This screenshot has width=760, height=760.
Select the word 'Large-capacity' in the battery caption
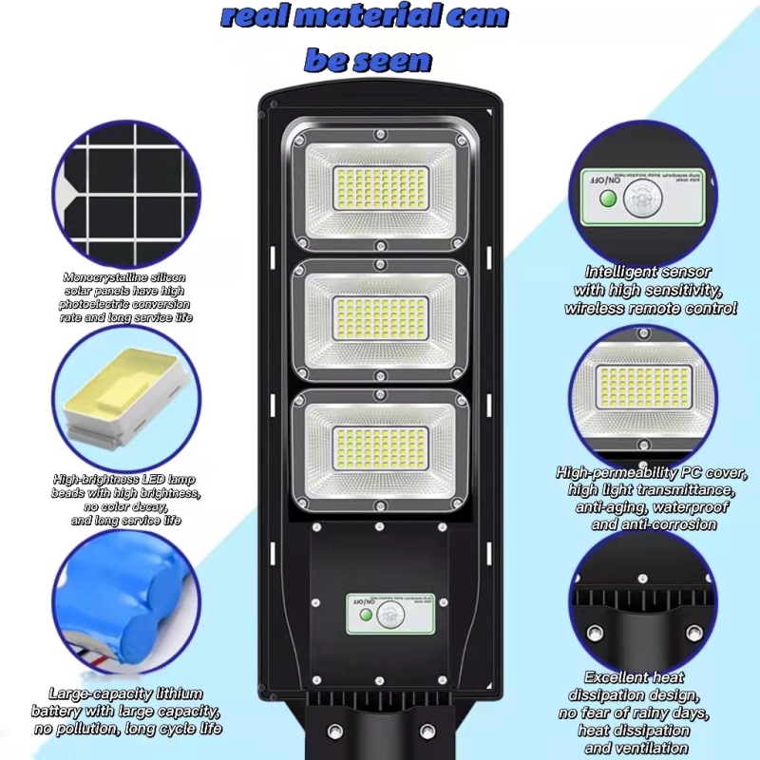(x=99, y=694)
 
